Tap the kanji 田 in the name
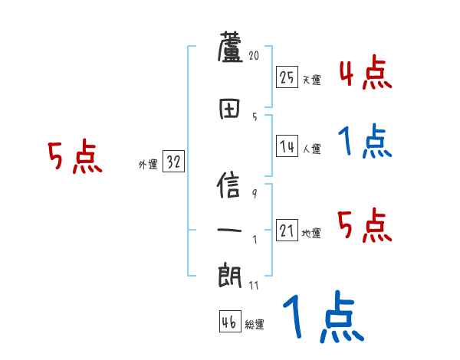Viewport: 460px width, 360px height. (x=230, y=109)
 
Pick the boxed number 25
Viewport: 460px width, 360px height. (x=287, y=77)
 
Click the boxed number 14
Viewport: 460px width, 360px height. (x=287, y=146)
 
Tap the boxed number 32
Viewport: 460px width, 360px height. (x=173, y=162)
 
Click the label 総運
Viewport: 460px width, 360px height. (x=255, y=325)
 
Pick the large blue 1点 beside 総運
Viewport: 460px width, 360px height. (x=322, y=318)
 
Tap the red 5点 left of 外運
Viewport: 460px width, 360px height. (x=74, y=158)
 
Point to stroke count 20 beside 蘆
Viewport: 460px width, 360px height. (x=254, y=55)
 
